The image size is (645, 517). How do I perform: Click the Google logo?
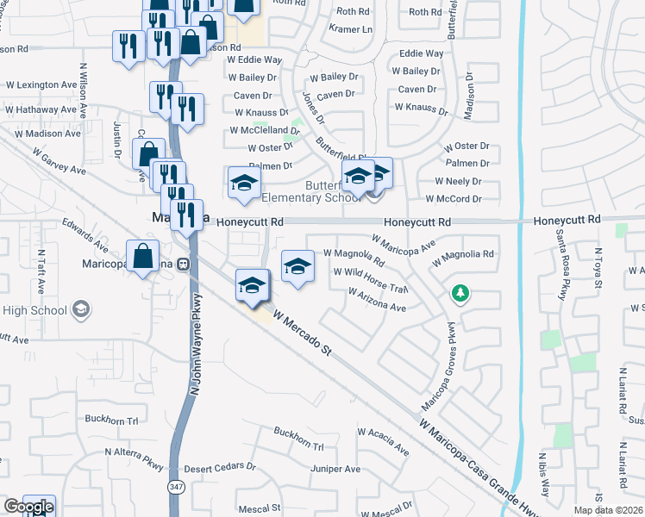click(x=28, y=507)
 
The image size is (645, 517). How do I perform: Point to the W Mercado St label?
click(x=302, y=332)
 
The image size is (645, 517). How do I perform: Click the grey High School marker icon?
click(x=80, y=309)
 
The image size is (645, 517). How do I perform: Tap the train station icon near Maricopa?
click(x=183, y=265)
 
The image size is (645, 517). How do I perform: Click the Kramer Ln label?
click(x=351, y=28)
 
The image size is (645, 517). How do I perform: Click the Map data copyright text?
click(x=609, y=508)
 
